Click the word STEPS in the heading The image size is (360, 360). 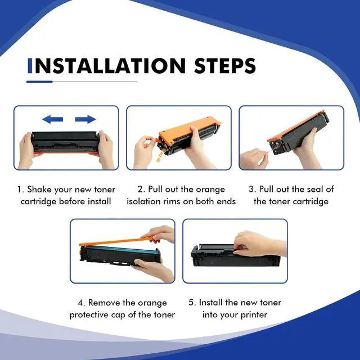click(225, 66)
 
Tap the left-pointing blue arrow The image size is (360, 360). click(52, 119)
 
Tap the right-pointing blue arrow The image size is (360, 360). click(85, 119)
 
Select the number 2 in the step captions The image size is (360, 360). click(141, 190)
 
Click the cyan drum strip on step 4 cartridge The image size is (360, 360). click(119, 250)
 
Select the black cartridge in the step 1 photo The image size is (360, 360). click(65, 142)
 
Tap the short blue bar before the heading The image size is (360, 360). click(30, 66)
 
